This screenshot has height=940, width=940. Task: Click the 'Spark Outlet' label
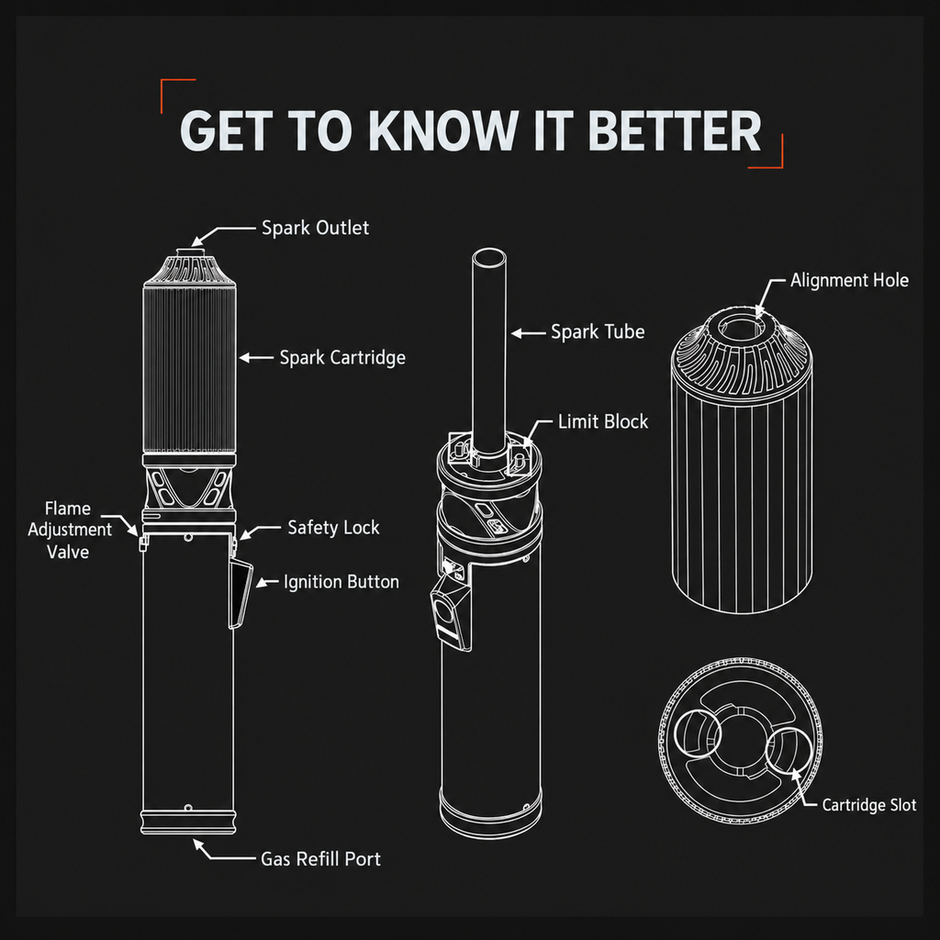click(316, 228)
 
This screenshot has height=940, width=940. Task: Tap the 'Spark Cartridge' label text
click(342, 358)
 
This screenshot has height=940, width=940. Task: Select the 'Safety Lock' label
click(333, 528)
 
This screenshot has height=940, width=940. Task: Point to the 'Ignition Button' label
click(341, 582)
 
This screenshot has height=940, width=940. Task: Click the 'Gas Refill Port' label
click(320, 859)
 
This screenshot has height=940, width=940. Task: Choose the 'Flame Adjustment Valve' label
click(69, 530)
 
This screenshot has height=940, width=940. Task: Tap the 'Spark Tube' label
click(598, 332)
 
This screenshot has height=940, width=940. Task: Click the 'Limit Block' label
click(603, 422)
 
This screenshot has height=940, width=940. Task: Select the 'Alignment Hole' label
click(849, 281)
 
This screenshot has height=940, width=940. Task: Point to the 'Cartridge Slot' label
click(868, 805)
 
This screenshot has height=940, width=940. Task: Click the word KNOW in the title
click(443, 130)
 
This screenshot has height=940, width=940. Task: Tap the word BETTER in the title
click(675, 130)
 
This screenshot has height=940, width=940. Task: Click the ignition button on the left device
click(241, 594)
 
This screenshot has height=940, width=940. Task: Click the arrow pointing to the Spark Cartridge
click(256, 358)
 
